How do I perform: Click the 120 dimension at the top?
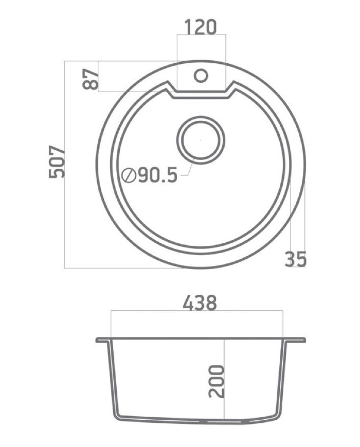[x=201, y=27]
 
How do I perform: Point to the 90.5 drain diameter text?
[x=157, y=176]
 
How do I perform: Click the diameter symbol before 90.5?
[x=129, y=176]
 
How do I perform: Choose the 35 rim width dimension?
[x=295, y=259]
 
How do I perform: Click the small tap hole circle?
[x=201, y=76]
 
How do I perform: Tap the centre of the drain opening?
[x=201, y=140]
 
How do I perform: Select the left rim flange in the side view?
[x=102, y=340]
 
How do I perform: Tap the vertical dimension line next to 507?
[x=65, y=165]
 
